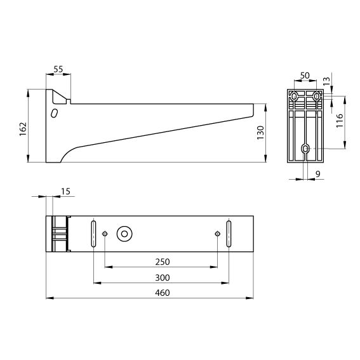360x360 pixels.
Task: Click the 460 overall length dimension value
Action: click(x=163, y=293)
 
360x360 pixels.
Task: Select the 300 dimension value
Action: click(x=163, y=277)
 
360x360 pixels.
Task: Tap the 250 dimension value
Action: click(x=163, y=262)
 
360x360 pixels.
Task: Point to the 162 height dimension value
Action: click(x=23, y=129)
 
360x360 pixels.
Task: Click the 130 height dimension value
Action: click(x=260, y=133)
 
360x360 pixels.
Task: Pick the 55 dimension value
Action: click(x=58, y=69)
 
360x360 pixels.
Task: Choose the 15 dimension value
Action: click(x=65, y=191)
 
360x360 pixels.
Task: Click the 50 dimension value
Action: click(x=305, y=76)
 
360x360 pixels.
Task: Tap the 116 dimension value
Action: click(x=339, y=120)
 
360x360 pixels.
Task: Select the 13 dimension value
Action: click(x=326, y=81)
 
